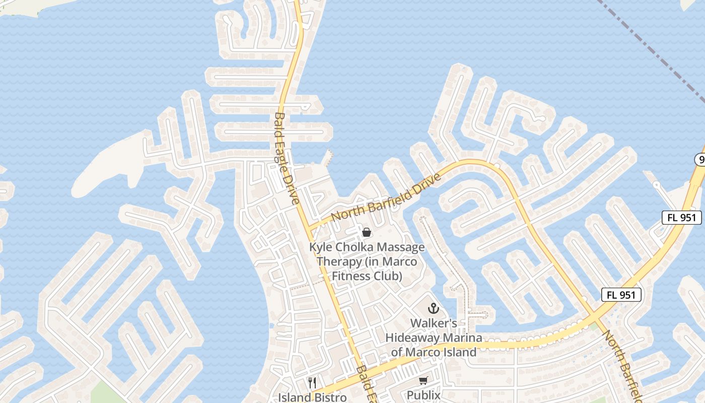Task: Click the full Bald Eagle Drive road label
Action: (x=287, y=158)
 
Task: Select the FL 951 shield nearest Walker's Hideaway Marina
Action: (x=621, y=295)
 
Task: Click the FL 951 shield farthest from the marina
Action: (x=681, y=218)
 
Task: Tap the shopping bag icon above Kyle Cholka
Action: (x=367, y=232)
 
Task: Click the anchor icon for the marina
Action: (x=433, y=308)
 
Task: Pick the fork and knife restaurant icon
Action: (x=312, y=383)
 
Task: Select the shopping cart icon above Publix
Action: (x=423, y=381)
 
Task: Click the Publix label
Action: (x=423, y=395)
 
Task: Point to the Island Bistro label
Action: (x=312, y=397)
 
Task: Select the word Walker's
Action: (x=434, y=323)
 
